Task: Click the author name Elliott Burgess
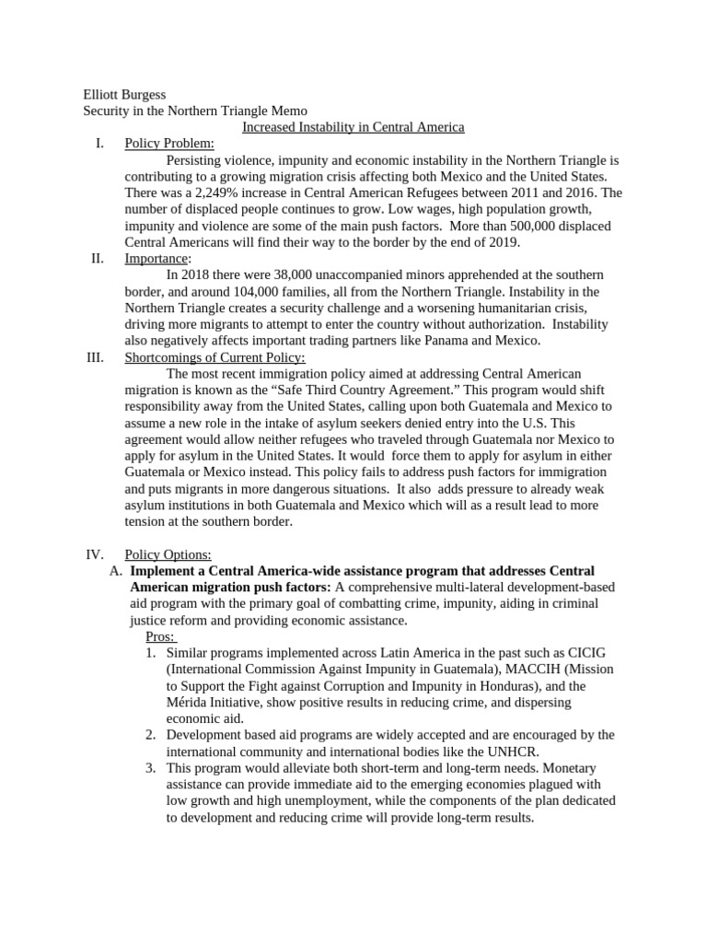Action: pos(125,94)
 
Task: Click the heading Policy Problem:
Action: pos(169,144)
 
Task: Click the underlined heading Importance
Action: pos(156,259)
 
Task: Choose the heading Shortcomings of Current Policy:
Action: pos(214,357)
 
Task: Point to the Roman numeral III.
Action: pos(95,357)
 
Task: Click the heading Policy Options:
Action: pos(168,554)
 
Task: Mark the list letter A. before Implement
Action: pos(115,571)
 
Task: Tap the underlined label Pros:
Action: pos(161,636)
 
